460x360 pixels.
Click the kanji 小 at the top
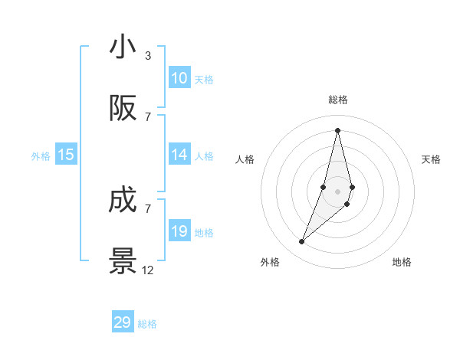point(123,47)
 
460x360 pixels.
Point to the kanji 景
point(123,261)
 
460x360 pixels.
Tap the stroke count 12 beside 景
point(148,270)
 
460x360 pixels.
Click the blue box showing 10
point(179,78)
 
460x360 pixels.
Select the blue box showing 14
point(179,155)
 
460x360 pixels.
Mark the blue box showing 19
point(179,231)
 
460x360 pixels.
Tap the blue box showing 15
point(66,155)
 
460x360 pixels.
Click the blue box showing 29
point(123,322)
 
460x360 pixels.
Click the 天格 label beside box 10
point(204,80)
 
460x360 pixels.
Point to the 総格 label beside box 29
point(147,324)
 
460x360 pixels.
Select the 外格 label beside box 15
point(41,156)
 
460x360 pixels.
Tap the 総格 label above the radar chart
point(337,100)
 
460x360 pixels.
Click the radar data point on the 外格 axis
point(301,242)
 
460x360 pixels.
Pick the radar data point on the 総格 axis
point(337,130)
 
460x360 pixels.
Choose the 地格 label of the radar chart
point(402,262)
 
